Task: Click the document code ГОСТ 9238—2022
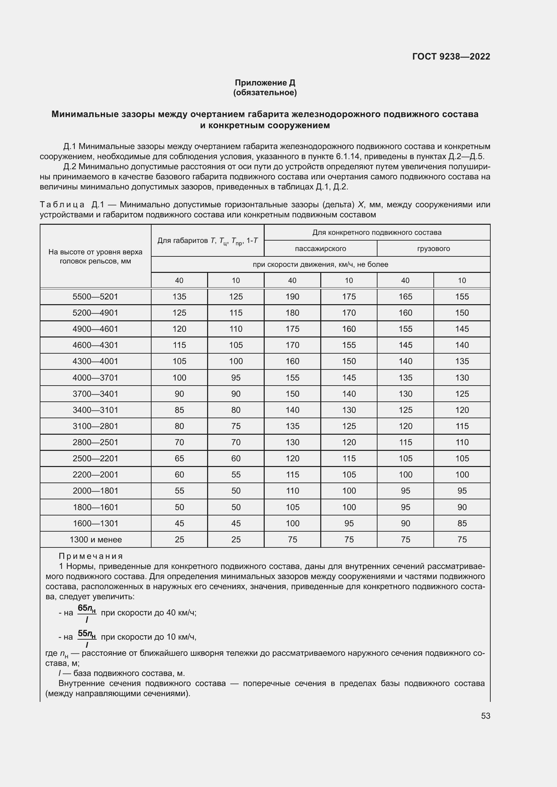click(x=451, y=57)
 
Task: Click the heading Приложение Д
click(x=265, y=83)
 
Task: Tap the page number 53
click(x=485, y=716)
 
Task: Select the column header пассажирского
click(x=320, y=249)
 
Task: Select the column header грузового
click(x=433, y=249)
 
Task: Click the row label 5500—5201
click(x=95, y=296)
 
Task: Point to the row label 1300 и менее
click(x=95, y=539)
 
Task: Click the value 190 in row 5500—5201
click(x=292, y=296)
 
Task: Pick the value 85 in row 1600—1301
click(x=462, y=524)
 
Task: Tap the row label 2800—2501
click(x=95, y=442)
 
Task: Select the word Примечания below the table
click(x=91, y=556)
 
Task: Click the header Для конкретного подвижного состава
click(x=376, y=232)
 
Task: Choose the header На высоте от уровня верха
click(x=95, y=252)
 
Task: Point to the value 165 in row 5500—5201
click(x=405, y=296)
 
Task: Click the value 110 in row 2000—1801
click(x=292, y=491)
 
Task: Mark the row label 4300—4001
click(x=95, y=361)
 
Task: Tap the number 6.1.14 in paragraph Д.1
click(x=347, y=157)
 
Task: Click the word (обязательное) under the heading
click(x=265, y=93)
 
